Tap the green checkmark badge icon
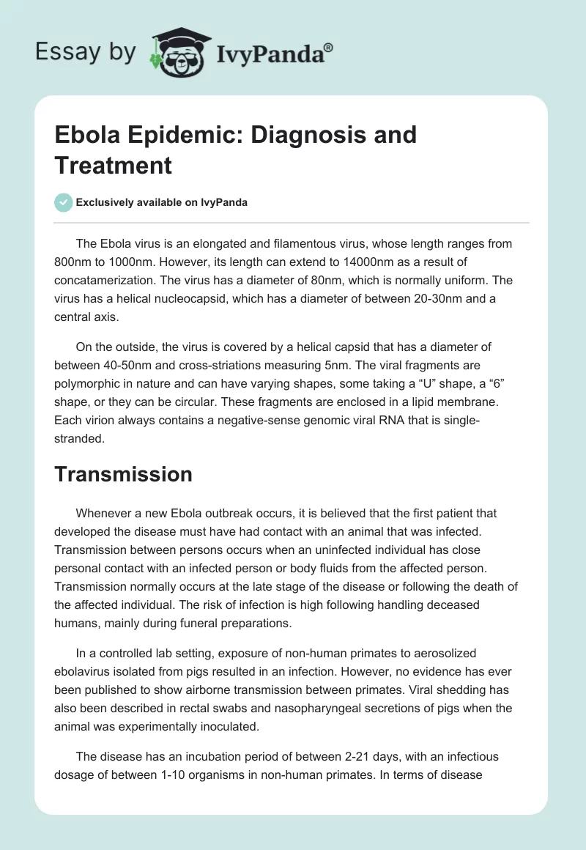(64, 202)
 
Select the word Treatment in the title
(113, 165)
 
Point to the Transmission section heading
(123, 474)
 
